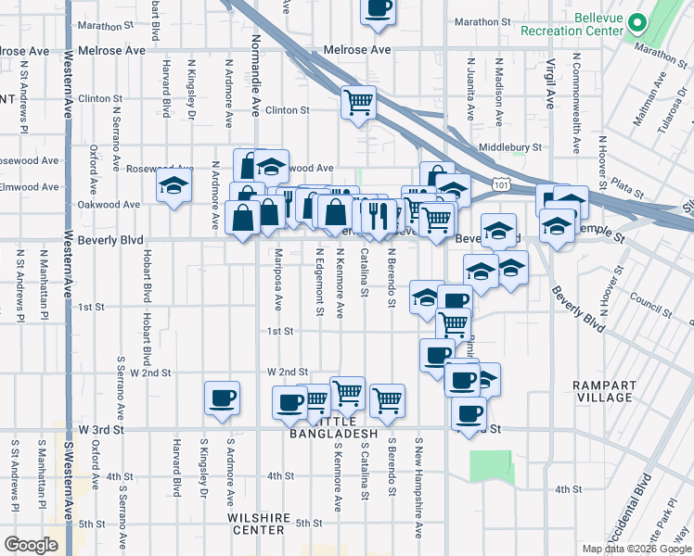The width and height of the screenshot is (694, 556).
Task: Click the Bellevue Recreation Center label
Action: [x=585, y=24]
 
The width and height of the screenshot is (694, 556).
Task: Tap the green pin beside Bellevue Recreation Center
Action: [x=637, y=23]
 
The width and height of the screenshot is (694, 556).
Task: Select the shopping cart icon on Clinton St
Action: [x=358, y=102]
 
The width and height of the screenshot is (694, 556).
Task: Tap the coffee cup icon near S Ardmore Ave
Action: [x=222, y=398]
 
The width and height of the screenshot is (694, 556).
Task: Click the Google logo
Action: [x=31, y=545]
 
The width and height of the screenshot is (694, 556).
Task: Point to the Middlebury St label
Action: [x=510, y=147]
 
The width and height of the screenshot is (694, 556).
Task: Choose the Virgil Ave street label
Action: [x=549, y=82]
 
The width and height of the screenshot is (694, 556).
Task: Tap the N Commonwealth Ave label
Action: [x=576, y=102]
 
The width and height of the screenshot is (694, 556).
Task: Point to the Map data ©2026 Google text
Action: [x=636, y=549]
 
